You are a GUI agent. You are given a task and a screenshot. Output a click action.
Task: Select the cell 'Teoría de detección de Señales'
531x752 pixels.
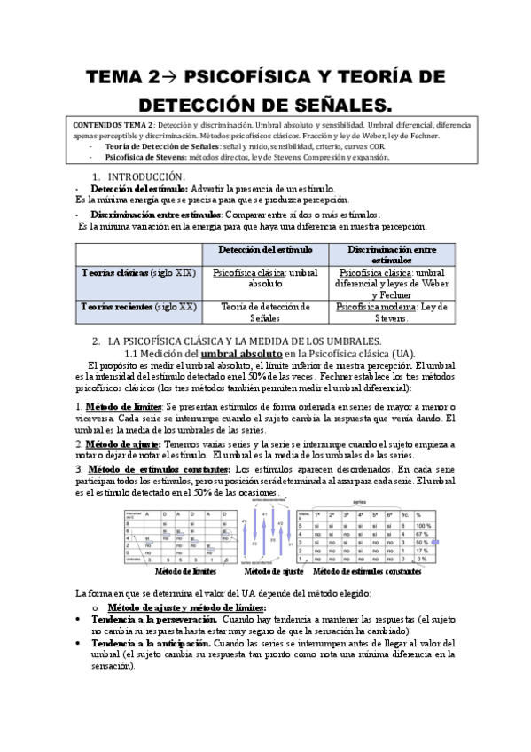click(263, 312)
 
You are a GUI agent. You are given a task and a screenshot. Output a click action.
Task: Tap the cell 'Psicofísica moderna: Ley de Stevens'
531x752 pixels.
click(391, 312)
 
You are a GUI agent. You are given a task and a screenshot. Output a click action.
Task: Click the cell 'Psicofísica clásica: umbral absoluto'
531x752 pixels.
click(263, 278)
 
